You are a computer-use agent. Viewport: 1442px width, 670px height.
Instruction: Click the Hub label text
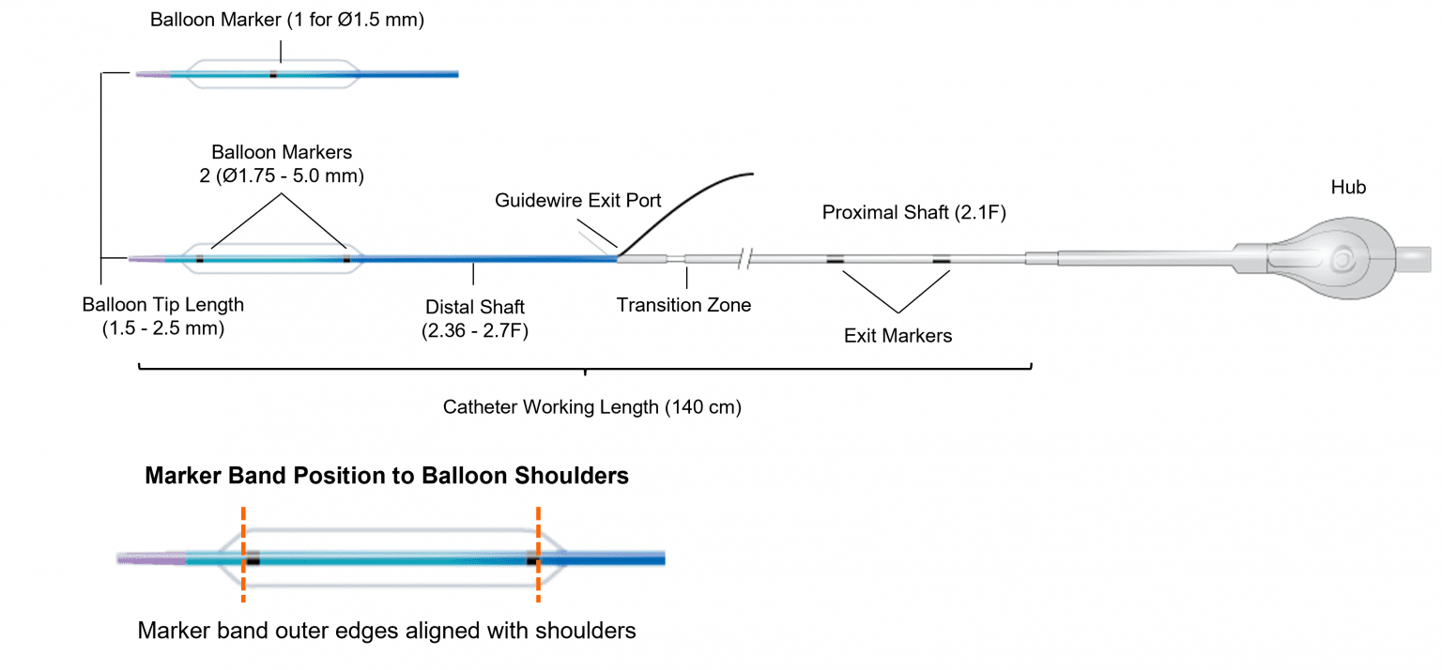click(x=1347, y=188)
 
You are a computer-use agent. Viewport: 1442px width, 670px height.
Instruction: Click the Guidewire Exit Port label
click(x=578, y=200)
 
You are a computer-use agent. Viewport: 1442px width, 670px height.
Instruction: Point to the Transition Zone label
click(x=683, y=305)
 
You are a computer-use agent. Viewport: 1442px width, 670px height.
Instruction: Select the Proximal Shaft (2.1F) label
click(x=913, y=213)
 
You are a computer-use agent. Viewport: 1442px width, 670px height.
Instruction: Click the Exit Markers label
click(x=897, y=335)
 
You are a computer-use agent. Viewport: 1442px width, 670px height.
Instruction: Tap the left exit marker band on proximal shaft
click(x=835, y=260)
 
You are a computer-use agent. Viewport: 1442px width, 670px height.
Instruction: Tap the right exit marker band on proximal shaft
click(x=941, y=260)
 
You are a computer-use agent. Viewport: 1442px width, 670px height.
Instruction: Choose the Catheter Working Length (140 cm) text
click(x=591, y=408)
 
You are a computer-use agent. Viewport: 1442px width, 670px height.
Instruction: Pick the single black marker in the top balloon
click(x=273, y=74)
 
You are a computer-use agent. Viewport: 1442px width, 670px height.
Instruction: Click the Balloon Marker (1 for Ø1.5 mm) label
click(x=287, y=20)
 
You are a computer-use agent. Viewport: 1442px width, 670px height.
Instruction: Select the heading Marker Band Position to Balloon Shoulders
click(x=387, y=476)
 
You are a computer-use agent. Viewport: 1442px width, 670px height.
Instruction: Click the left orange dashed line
click(x=243, y=554)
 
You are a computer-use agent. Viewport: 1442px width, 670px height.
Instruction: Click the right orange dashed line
click(x=538, y=554)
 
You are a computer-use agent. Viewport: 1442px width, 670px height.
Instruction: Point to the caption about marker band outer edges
click(x=387, y=630)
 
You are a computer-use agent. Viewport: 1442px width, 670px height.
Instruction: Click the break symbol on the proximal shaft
click(x=747, y=258)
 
